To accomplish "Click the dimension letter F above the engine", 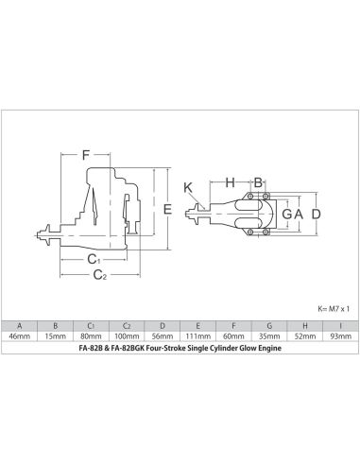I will (85, 153).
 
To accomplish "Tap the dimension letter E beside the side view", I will (166, 208).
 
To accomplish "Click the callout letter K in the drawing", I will (187, 186).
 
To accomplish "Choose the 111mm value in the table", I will (197, 336).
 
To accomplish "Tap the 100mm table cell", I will (127, 336).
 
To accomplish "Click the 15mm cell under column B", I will (55, 336).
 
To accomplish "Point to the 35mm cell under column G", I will (267, 336).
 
